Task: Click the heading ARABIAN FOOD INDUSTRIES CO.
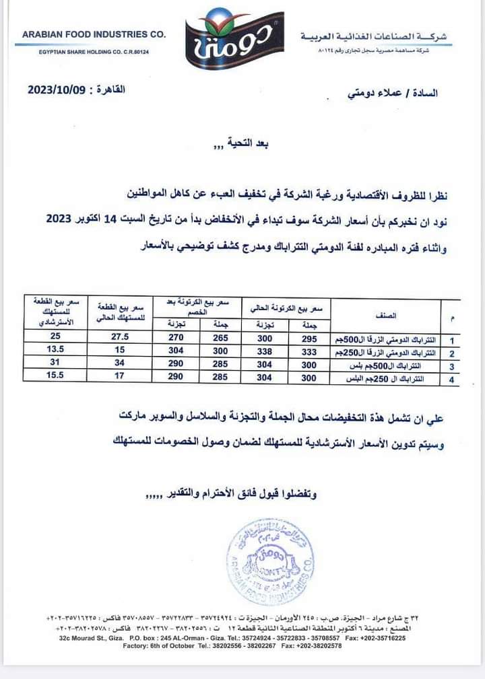[x=94, y=34]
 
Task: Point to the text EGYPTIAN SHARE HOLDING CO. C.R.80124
[x=93, y=52]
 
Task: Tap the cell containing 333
[x=306, y=353]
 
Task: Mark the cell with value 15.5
[x=55, y=378]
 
